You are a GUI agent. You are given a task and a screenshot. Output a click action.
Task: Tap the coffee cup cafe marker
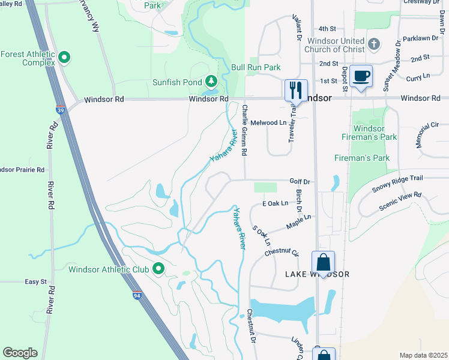pos(361,76)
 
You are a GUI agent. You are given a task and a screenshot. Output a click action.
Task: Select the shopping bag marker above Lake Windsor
pos(323,262)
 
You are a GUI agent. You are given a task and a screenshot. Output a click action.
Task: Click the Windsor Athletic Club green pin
pos(158,269)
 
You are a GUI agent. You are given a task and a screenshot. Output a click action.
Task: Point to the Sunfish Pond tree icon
pos(211,81)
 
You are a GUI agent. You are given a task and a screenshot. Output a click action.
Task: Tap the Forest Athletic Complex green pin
pos(64,58)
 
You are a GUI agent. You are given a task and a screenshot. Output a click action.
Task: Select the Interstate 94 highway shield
pos(137,294)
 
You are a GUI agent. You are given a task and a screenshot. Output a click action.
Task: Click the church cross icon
pos(374,44)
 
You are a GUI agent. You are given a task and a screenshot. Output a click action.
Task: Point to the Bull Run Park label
pos(256,68)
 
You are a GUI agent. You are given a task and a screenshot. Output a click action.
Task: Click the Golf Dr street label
pos(300,181)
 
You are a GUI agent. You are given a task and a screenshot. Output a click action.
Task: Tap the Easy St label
pos(35,281)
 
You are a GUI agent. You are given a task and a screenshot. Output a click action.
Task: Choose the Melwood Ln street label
pos(268,122)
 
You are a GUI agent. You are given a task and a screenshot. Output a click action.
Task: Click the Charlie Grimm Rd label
pos(244,130)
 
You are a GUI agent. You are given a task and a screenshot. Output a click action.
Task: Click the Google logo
pos(20,353)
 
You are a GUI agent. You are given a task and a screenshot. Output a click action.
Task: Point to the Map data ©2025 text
pos(423,355)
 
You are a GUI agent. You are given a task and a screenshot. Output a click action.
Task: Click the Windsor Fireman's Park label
pos(375,133)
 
